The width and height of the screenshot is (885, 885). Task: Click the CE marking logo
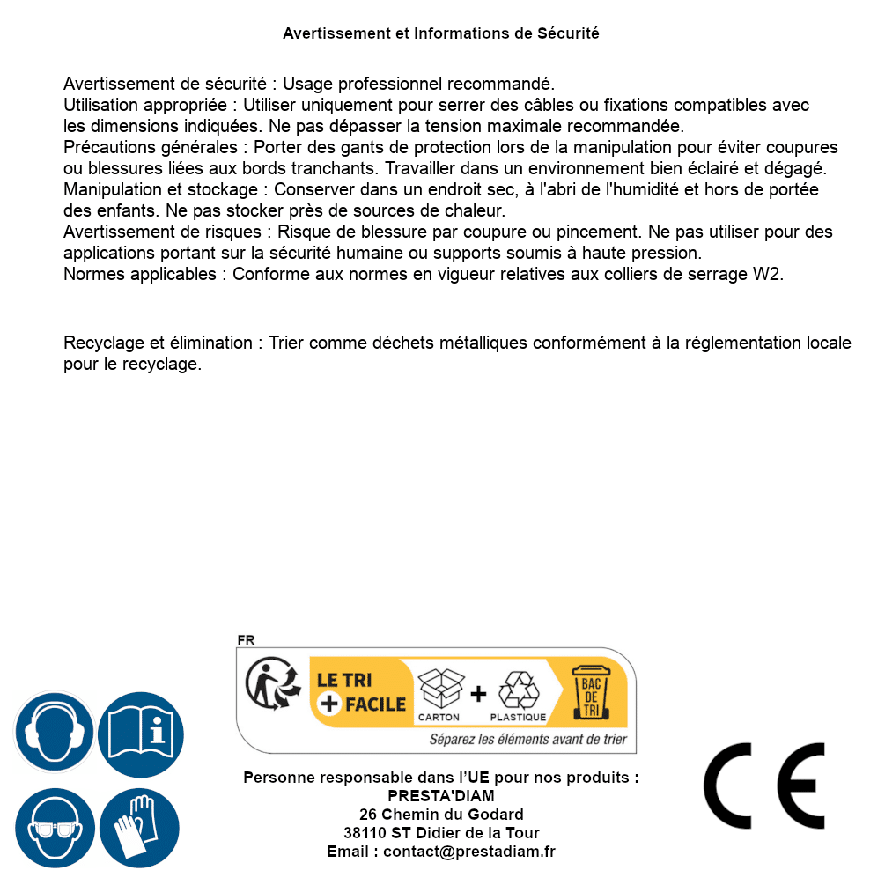point(764,785)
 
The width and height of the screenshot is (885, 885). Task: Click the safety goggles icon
point(54,828)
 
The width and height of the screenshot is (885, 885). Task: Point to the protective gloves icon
point(140,828)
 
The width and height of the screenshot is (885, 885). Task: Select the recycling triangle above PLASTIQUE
point(518,690)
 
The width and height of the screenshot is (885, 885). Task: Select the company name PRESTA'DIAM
point(441,796)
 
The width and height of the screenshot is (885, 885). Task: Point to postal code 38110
point(365,833)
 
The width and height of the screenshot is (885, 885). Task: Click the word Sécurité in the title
point(568,33)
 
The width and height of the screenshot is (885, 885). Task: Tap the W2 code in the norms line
point(767,274)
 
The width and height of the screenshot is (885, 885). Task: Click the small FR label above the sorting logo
point(246,641)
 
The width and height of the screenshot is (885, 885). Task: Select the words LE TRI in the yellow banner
point(344,680)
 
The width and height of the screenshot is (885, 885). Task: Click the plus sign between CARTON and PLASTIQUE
point(478,694)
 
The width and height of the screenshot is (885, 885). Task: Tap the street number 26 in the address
point(368,815)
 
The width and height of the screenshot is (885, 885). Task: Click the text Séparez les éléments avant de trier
point(527,740)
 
